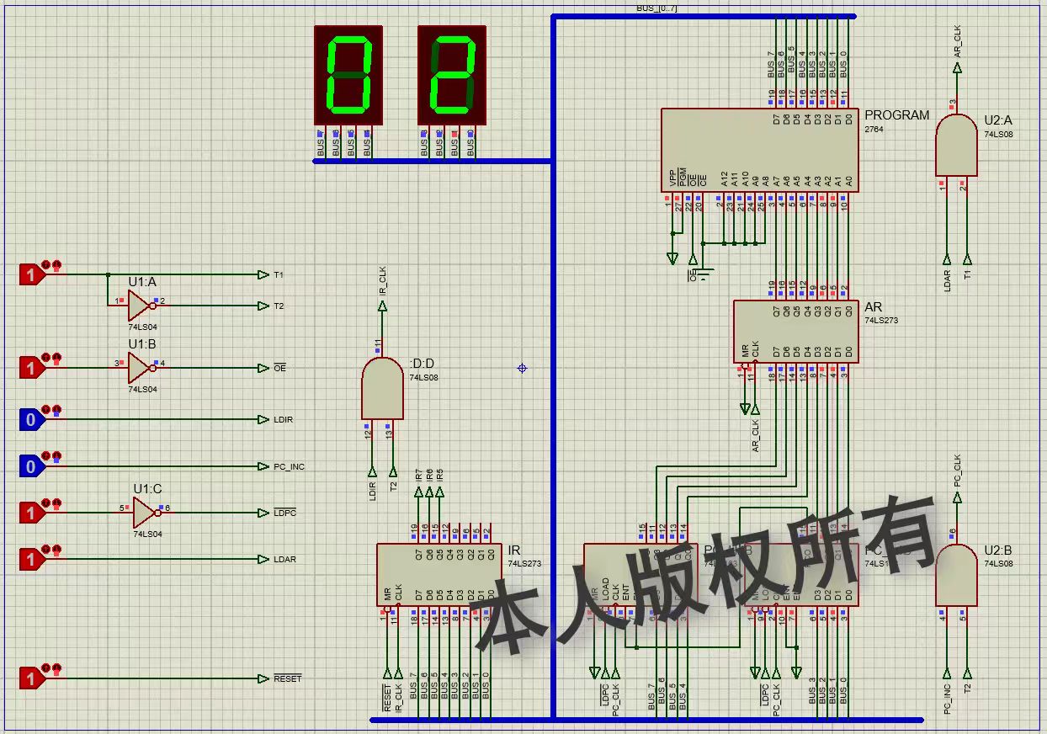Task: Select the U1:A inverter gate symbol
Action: coord(141,306)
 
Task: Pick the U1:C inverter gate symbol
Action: coord(145,512)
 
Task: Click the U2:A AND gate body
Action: coord(956,146)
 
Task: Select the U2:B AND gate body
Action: coord(956,575)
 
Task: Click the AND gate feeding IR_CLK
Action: coord(382,387)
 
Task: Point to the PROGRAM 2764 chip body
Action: coord(759,149)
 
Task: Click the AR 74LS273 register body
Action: coord(795,332)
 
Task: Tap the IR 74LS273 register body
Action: coord(439,574)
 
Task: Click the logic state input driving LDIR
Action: coord(31,419)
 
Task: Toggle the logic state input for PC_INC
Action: coord(31,466)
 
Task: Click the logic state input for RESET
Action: coord(31,678)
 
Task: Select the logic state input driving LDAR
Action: coord(31,559)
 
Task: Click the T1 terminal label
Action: coord(279,275)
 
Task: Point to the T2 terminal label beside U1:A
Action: coord(279,306)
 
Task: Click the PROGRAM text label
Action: coord(897,115)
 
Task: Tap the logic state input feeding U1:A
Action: coord(31,274)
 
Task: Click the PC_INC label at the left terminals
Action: coord(289,467)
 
